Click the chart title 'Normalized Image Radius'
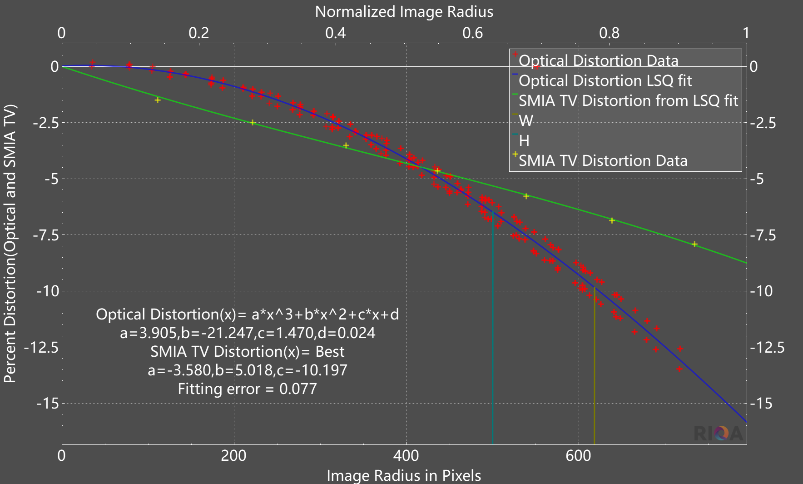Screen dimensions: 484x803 [x=404, y=12]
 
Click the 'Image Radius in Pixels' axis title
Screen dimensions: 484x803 [x=404, y=475]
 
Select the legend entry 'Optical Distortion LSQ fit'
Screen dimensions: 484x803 [x=605, y=81]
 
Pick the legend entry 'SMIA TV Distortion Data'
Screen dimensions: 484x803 [x=603, y=161]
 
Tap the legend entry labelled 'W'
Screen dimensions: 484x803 [x=525, y=121]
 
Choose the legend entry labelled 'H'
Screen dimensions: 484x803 [x=524, y=141]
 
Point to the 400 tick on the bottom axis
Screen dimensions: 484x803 [x=406, y=455]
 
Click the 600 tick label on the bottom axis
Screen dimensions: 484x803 [x=578, y=455]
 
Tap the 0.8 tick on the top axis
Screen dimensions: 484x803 [x=609, y=33]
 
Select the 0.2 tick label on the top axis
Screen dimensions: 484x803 [x=198, y=33]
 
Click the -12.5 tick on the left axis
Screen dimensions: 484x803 [x=42, y=348]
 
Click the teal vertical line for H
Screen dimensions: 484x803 [x=493, y=327]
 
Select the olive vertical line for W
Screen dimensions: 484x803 [x=594, y=364]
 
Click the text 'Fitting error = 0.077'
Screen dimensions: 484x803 [x=247, y=389]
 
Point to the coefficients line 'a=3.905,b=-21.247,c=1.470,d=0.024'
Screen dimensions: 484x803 [x=248, y=333]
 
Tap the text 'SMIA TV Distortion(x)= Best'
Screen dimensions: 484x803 [x=248, y=352]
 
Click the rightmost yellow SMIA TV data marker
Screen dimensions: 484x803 [x=694, y=244]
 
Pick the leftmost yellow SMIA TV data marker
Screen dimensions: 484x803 [x=158, y=100]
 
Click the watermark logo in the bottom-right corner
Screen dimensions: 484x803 [x=718, y=433]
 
